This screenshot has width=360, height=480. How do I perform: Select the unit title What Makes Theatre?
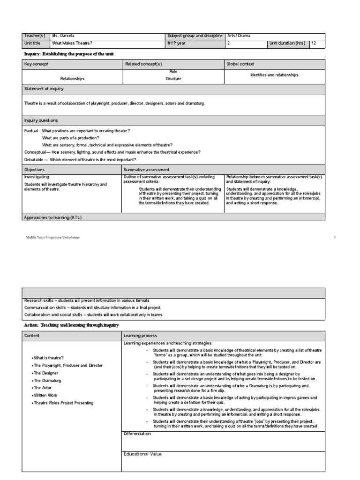[69, 44]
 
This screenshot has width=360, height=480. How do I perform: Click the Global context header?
[241, 64]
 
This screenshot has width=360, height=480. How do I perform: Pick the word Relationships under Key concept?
[72, 79]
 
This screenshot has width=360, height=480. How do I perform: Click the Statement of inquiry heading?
[44, 89]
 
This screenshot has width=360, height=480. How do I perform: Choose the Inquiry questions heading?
[41, 120]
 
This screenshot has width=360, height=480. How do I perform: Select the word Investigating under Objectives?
[37, 177]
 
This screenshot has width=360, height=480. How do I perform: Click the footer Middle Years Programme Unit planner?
[53, 238]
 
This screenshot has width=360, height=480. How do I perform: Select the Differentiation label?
[137, 434]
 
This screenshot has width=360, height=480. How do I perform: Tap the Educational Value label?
[142, 454]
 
